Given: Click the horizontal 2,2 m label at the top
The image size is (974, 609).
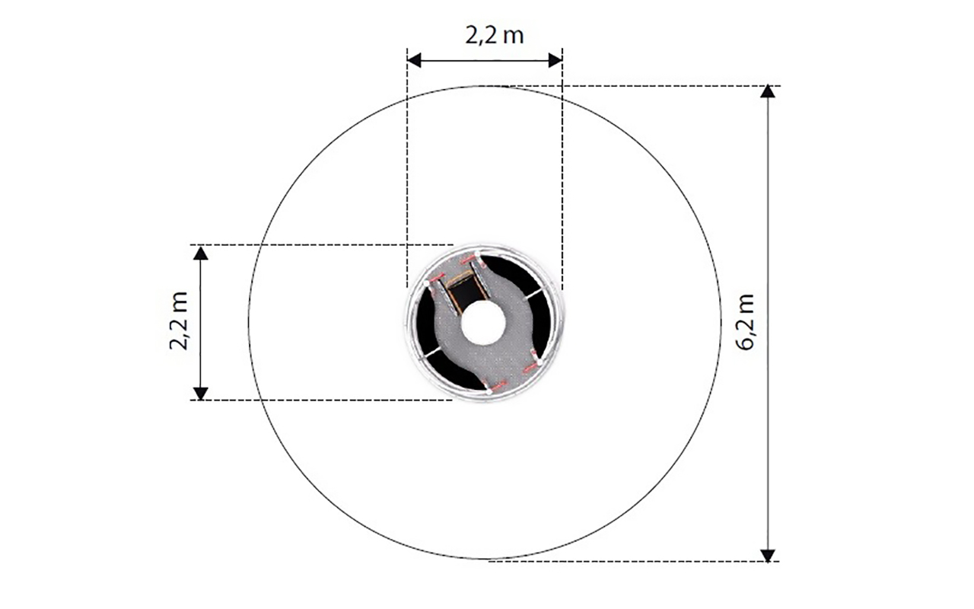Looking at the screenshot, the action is click(495, 36).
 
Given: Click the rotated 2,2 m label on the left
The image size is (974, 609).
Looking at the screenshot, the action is click(179, 321).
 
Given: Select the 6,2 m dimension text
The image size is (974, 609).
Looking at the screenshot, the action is click(745, 322).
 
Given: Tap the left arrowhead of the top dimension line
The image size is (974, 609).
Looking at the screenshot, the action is click(414, 60).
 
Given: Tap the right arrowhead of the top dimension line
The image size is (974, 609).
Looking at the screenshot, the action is click(555, 60).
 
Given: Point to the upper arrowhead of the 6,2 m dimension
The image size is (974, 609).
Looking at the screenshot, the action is click(768, 91).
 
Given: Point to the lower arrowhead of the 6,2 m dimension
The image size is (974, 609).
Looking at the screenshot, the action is click(768, 556).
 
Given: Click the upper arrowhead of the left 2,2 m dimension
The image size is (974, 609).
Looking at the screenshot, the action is click(200, 253).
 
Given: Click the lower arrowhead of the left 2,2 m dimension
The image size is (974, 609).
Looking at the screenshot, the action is click(200, 394).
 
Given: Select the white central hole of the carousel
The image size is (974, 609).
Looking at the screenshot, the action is click(483, 323).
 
